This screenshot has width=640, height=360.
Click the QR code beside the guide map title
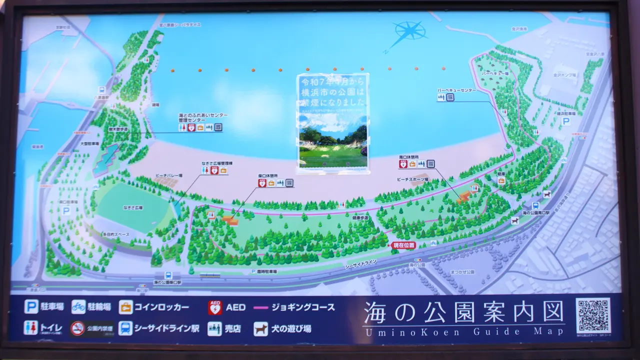(593, 315)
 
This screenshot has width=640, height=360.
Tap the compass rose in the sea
(409, 31)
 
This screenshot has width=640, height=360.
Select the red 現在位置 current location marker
(404, 245)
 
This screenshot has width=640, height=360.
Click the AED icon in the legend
(215, 307)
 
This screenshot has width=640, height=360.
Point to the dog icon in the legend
(260, 328)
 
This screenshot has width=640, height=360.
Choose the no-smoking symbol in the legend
(77, 328)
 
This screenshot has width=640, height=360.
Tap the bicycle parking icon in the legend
(78, 306)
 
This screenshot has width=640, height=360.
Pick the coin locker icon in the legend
(125, 307)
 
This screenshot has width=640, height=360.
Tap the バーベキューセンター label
(456, 90)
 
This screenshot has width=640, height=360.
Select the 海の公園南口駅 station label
(535, 213)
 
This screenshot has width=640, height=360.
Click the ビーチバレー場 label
(169, 176)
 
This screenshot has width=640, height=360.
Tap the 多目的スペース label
(116, 234)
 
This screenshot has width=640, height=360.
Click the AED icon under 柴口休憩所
(262, 183)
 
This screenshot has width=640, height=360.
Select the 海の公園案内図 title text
(463, 313)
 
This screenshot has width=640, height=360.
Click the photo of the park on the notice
(332, 145)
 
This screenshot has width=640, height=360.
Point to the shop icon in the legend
(215, 328)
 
